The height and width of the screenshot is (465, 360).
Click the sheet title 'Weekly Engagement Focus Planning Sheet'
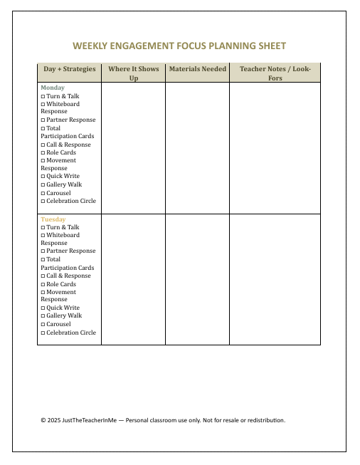[x=179, y=46]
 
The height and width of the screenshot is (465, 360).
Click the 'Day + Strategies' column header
[x=69, y=69]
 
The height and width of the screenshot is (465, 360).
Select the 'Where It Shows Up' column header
[x=133, y=73]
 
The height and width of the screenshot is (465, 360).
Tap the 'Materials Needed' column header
[x=197, y=69]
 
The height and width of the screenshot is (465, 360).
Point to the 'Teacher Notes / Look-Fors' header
[x=275, y=73]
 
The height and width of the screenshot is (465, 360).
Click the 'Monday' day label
[x=53, y=88]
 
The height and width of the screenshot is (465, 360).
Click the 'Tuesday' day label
[x=53, y=219]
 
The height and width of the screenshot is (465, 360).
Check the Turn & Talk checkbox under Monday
[x=43, y=96]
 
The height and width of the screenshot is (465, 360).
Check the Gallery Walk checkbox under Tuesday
[x=43, y=316]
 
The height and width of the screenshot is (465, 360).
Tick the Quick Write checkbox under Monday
[x=43, y=177]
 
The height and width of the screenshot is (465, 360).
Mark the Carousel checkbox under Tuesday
[x=43, y=325]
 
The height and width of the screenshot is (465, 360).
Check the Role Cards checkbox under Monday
[x=43, y=153]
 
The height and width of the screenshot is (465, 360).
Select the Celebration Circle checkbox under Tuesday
[x=43, y=333]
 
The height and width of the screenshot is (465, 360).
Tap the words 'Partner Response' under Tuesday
[x=70, y=251]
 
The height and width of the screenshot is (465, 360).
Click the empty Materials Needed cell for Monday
[x=197, y=146]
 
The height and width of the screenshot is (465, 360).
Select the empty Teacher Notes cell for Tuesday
[x=275, y=278]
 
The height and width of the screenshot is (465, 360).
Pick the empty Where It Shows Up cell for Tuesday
[x=133, y=278]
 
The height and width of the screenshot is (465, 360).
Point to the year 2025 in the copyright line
[x=53, y=420]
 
